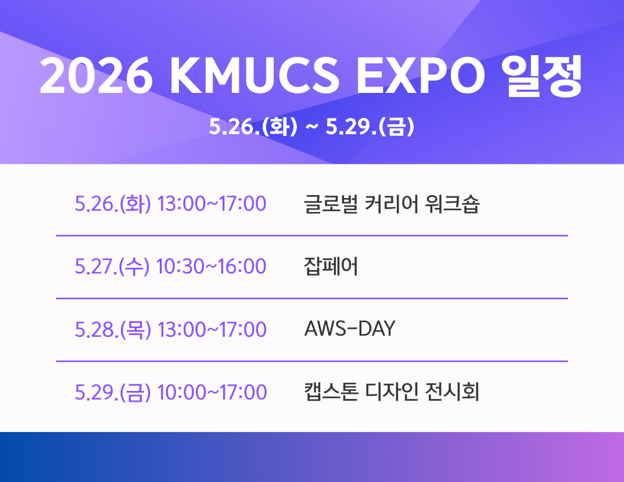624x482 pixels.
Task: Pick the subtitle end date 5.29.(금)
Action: pyautogui.click(x=370, y=127)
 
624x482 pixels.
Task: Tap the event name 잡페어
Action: pyautogui.click(x=331, y=267)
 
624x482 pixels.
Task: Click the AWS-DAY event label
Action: pyautogui.click(x=349, y=329)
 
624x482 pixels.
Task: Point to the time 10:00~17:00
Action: pyautogui.click(x=211, y=392)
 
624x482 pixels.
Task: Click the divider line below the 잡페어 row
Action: pyautogui.click(x=312, y=298)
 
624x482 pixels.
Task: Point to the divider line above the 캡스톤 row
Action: pyautogui.click(x=312, y=361)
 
